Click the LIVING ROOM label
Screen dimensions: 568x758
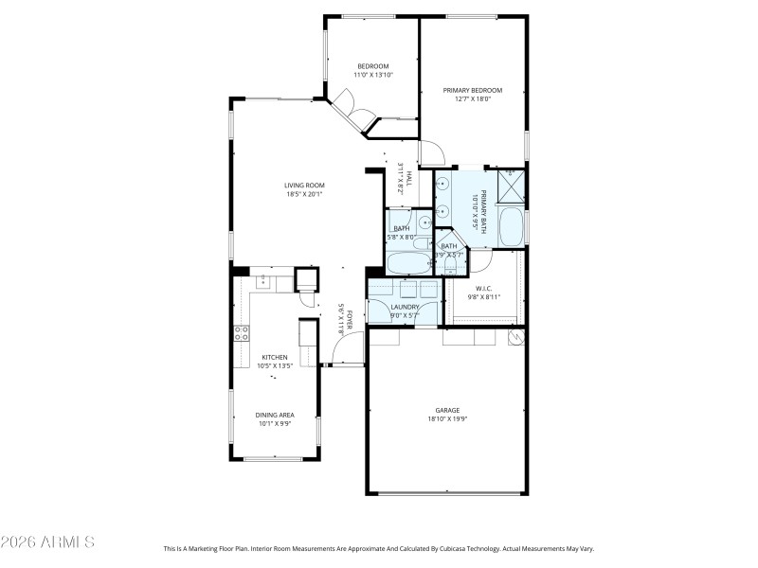coord(305,185)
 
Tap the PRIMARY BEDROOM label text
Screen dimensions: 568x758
coord(472,90)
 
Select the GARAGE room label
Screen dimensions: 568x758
coord(448,410)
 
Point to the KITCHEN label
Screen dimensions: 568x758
coord(274,357)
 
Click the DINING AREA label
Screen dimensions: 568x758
coord(274,415)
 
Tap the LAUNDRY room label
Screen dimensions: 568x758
coord(405,306)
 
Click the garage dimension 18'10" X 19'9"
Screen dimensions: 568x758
coord(448,418)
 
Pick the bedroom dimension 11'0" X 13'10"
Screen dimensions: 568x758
coord(372,75)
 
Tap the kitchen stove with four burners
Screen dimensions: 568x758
coord(241,332)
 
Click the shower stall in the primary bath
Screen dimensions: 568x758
coord(511,186)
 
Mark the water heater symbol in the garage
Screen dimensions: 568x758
coord(516,337)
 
